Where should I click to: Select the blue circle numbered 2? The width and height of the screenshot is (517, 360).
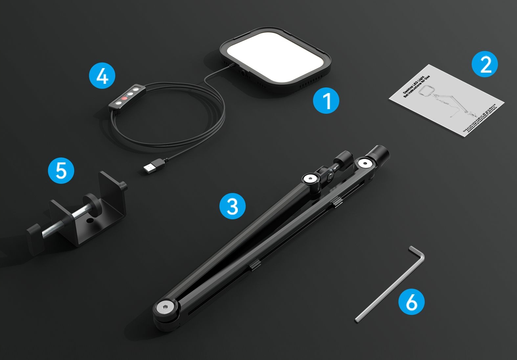tap(485, 64)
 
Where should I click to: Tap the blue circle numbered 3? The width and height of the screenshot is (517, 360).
tap(233, 206)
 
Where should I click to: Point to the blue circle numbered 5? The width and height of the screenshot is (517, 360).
tap(61, 170)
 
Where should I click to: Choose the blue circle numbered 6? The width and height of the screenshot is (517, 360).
tap(411, 301)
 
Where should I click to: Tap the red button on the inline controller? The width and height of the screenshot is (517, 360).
tap(124, 98)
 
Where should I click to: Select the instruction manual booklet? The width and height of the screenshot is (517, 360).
tap(447, 100)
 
